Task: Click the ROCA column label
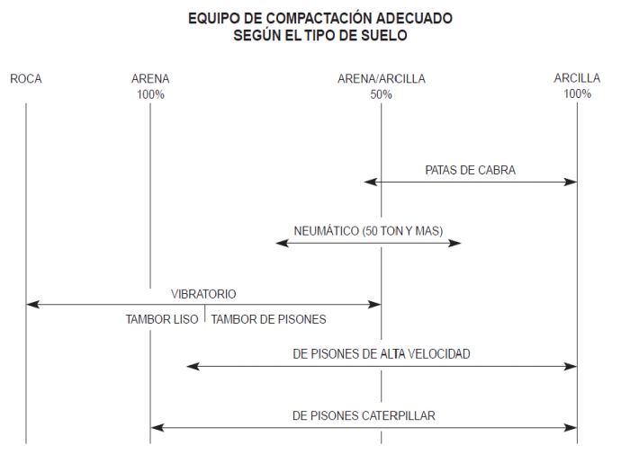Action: pos(26,79)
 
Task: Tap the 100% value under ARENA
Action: pos(150,94)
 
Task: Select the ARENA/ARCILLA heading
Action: pos(382,79)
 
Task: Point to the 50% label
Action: pos(381,94)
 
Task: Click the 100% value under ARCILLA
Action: pos(578,94)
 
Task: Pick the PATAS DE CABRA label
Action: pos(470,170)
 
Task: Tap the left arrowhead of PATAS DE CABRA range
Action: pos(370,182)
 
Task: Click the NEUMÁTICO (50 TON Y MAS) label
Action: pos(368,231)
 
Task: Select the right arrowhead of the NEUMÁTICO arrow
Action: pos(454,244)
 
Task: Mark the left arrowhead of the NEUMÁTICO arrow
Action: pos(282,244)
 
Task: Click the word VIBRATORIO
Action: pos(203,294)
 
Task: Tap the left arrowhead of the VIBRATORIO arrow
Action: pos(32,305)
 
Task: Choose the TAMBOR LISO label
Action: pos(162,319)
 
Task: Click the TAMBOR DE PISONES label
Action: pos(268,319)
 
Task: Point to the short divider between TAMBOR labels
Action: pos(205,314)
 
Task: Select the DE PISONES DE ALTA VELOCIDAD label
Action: pos(382,354)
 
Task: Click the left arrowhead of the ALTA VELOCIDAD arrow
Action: pos(193,367)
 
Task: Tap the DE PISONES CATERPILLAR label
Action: pos(364,415)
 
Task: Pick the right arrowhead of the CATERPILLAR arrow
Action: pos(571,428)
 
